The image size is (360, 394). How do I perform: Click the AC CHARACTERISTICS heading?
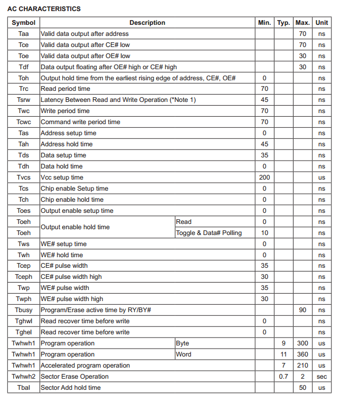(x=44, y=9)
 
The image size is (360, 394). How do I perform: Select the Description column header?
(x=147, y=23)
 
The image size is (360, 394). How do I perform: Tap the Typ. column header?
(x=283, y=23)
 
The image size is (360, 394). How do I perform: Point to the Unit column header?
(x=321, y=23)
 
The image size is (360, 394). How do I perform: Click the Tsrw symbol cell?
(x=24, y=100)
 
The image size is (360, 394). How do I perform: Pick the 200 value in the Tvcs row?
(x=264, y=177)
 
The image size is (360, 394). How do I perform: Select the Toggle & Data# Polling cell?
(x=209, y=233)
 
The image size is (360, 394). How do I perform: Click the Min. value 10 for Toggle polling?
(x=264, y=233)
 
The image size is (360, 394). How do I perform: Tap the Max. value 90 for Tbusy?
(x=302, y=310)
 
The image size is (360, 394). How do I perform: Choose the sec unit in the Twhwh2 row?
(x=321, y=377)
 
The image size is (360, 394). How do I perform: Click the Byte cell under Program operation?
(x=183, y=343)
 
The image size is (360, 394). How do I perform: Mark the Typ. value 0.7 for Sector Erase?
(x=283, y=377)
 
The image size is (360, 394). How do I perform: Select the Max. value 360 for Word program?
(x=302, y=354)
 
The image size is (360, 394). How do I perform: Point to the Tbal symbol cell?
(x=24, y=388)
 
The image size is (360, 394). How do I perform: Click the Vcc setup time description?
(x=62, y=177)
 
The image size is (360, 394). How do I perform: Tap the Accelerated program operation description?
(x=85, y=365)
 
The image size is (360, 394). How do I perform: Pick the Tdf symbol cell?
(x=24, y=67)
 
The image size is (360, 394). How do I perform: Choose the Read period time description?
(x=65, y=89)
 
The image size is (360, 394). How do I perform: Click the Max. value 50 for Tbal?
(x=302, y=388)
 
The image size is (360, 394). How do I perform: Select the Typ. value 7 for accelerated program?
(x=283, y=365)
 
